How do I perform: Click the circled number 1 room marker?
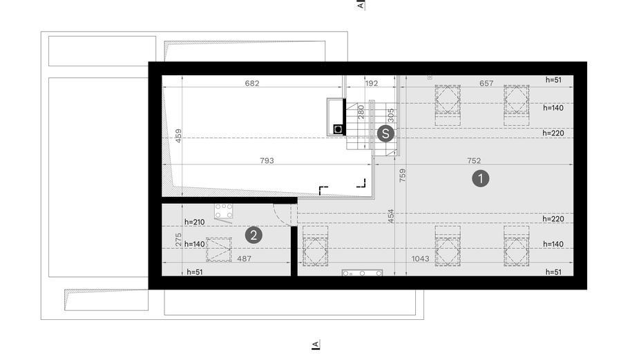click(x=480, y=179)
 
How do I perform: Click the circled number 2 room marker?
click(x=254, y=235)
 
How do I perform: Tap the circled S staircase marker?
click(x=385, y=133)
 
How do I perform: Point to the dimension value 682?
click(x=252, y=83)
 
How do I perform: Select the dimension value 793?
click(x=267, y=161)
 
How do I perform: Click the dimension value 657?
click(x=486, y=83)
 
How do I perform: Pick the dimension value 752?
click(x=474, y=161)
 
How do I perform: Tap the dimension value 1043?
click(x=420, y=258)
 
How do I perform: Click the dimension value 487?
click(x=244, y=258)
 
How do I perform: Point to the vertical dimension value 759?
click(x=403, y=176)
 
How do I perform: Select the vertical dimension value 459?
click(x=178, y=135)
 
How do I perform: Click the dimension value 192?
click(x=371, y=83)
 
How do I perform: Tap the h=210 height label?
click(x=195, y=222)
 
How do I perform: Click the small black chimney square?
click(x=338, y=129)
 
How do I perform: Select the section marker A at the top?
click(x=361, y=5)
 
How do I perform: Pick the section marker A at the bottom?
click(x=316, y=345)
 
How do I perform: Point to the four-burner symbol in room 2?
click(x=223, y=211)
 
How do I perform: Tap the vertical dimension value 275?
click(x=178, y=240)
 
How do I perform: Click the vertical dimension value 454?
click(x=391, y=216)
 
